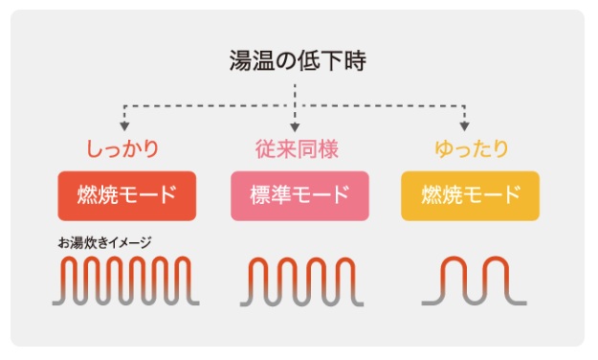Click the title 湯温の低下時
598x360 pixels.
click(x=298, y=62)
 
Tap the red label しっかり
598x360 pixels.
click(x=122, y=149)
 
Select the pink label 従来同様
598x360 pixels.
click(x=297, y=149)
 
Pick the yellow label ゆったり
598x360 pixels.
click(x=471, y=149)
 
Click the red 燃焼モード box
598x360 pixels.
click(x=127, y=196)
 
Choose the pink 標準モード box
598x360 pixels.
click(x=299, y=196)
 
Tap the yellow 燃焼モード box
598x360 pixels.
click(x=470, y=196)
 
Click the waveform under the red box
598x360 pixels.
click(x=124, y=281)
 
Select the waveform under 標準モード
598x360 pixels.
click(x=299, y=281)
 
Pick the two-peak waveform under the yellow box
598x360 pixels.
click(x=471, y=281)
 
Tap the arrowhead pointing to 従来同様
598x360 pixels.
click(x=295, y=126)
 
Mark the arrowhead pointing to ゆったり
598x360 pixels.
click(x=465, y=126)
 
